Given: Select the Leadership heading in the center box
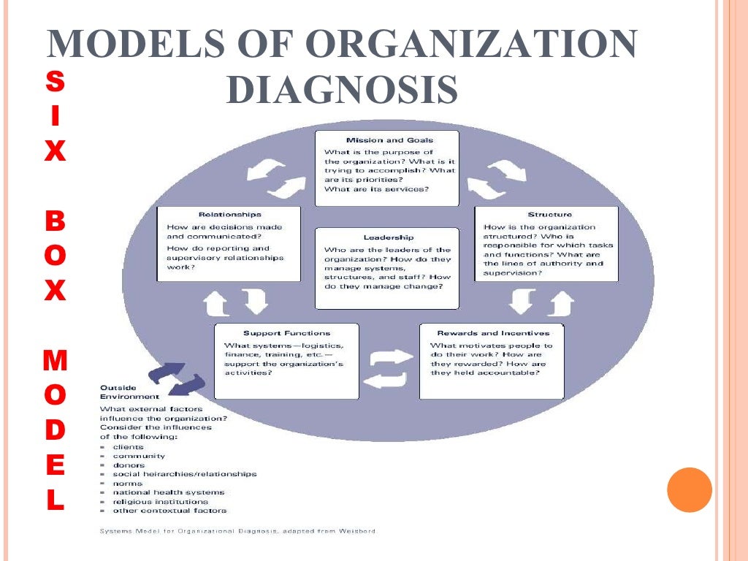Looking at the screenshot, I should coord(389,237).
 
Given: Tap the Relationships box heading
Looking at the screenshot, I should coord(229,215).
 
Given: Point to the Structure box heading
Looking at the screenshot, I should coord(549,215).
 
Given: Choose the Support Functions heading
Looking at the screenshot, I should coord(286,333).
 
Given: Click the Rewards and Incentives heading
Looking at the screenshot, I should coord(493,333).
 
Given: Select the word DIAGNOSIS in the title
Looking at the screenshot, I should coord(342,91).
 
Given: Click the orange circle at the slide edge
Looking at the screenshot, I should coord(689,489).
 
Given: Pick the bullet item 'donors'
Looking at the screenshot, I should coord(129,465).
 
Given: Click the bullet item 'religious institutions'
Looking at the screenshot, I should coord(160,502).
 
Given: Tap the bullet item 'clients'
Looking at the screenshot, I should coord(128,447).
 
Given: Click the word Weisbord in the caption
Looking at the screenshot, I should coord(358,531).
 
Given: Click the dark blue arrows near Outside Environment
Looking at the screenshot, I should coord(177,378).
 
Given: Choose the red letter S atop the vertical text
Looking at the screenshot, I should coord(55,82).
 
